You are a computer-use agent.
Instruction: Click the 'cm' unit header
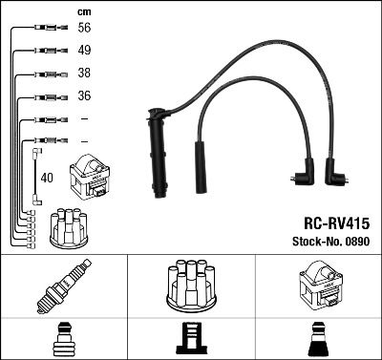pyautogui.click(x=83, y=11)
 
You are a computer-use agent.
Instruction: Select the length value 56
pyautogui.click(x=83, y=29)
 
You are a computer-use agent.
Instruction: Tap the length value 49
pyautogui.click(x=83, y=51)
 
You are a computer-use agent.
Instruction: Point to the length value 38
pyautogui.click(x=83, y=74)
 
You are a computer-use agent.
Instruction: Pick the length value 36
pyautogui.click(x=83, y=95)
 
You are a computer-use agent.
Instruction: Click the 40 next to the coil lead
pyautogui.click(x=48, y=178)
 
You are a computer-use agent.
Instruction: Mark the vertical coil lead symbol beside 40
pyautogui.click(x=36, y=176)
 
